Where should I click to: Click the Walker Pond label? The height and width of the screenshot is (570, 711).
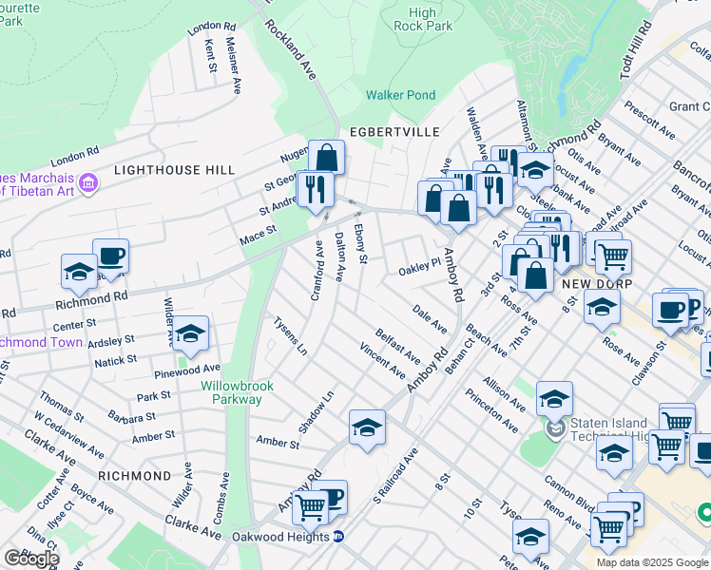tap(400, 95)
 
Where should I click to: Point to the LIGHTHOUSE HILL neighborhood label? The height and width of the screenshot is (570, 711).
tap(174, 170)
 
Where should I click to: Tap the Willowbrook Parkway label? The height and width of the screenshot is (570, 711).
tap(231, 392)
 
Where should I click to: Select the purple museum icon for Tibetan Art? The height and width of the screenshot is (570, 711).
tap(87, 180)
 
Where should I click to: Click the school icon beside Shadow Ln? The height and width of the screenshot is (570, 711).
tap(367, 429)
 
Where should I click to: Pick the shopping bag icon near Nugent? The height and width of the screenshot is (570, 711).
tap(326, 159)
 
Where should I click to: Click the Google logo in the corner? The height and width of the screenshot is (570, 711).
tap(30, 559)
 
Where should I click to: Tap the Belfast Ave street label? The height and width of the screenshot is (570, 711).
tap(397, 347)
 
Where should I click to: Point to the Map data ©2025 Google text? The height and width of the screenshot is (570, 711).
tap(651, 562)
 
